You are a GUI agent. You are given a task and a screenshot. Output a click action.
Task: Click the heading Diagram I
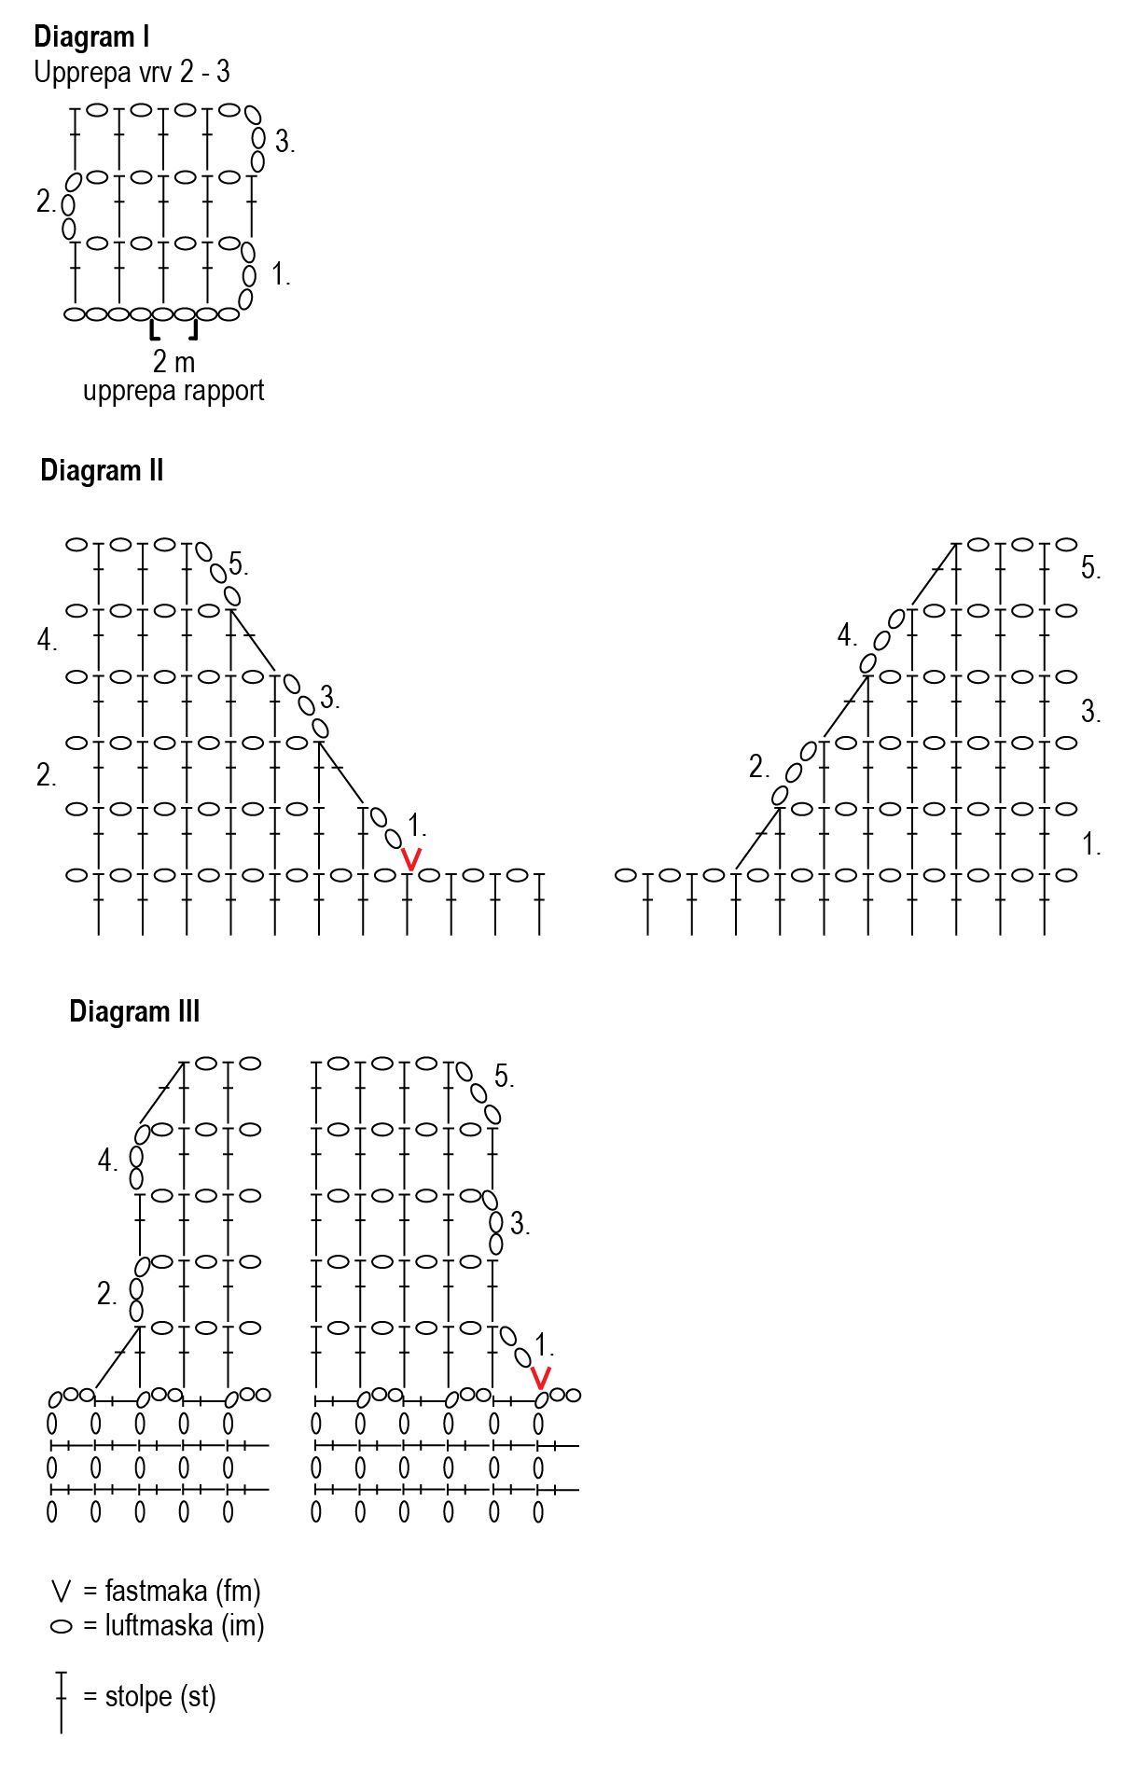[x=91, y=37]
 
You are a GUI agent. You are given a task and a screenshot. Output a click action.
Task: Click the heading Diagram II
[x=102, y=470]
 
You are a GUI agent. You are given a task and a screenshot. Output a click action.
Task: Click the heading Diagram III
[x=134, y=1011]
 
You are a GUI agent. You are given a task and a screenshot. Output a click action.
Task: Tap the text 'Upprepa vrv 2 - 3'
[x=132, y=73]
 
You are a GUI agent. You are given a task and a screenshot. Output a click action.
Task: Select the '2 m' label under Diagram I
[x=173, y=361]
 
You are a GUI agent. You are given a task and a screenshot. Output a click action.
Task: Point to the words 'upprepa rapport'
[x=173, y=391]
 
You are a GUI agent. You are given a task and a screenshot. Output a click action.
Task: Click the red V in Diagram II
[x=410, y=858]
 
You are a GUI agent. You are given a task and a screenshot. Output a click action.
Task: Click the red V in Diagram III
[x=540, y=1377]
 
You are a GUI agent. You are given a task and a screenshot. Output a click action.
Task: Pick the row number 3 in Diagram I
[x=284, y=142]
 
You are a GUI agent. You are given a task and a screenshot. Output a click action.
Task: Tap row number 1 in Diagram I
[x=280, y=275]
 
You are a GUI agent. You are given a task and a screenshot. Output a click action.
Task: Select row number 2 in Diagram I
[x=45, y=202]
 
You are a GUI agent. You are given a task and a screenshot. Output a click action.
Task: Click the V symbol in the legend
[x=62, y=1592]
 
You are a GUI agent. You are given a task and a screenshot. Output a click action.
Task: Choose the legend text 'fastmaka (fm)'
[x=183, y=1591]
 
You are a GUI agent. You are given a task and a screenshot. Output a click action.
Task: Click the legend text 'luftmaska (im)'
[x=185, y=1626]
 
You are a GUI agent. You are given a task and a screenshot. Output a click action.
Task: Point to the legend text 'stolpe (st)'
[x=160, y=1696]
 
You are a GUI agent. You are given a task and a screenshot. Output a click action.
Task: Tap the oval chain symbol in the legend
[x=62, y=1627]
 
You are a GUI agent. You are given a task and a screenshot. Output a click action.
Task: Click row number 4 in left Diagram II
[x=46, y=640]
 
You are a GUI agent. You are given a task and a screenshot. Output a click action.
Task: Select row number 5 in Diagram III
[x=503, y=1077]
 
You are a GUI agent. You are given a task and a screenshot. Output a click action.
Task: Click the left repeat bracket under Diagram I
[x=154, y=330]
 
